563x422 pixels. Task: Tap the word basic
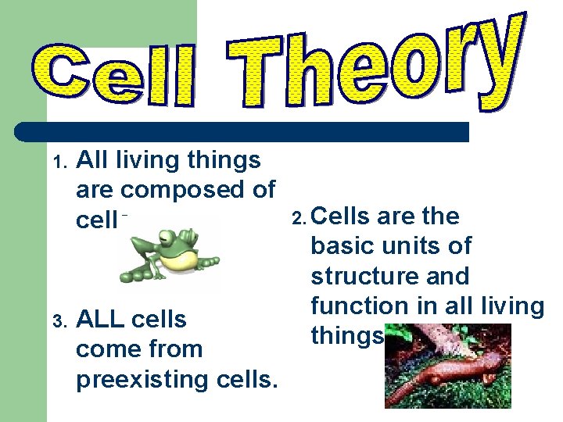point(339,246)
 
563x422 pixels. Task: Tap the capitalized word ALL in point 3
point(99,320)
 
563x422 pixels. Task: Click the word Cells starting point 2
point(343,216)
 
